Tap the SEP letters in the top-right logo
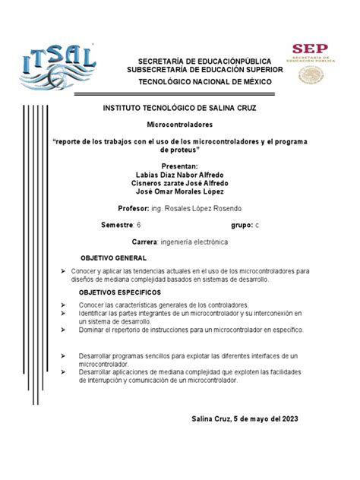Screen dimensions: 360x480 coord(310,49)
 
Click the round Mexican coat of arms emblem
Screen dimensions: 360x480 coord(310,75)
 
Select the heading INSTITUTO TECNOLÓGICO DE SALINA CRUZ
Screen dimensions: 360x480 coord(180,109)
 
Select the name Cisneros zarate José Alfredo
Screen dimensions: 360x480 coord(180,183)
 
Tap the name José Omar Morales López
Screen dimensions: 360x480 coord(180,192)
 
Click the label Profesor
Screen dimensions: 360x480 coord(134,207)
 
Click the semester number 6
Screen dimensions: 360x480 coord(138,226)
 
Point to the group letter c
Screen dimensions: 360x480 coord(257,226)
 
